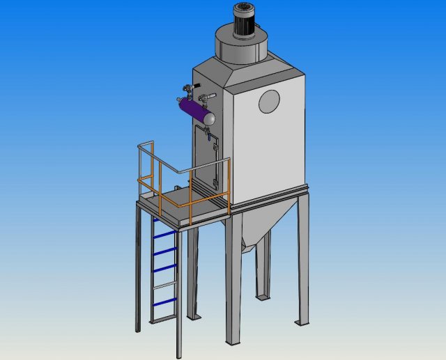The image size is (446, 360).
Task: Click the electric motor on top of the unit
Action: [x=245, y=18]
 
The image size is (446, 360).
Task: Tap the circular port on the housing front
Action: [x=269, y=102]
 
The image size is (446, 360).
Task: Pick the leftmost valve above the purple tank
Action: [x=186, y=88]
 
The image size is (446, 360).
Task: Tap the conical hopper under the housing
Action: [x=258, y=223]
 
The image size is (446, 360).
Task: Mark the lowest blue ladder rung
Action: [x=163, y=301]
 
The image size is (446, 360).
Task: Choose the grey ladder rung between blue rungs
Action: [x=163, y=285]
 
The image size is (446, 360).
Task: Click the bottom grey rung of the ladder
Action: [x=163, y=318]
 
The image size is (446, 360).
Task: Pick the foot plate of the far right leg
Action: [x=302, y=322]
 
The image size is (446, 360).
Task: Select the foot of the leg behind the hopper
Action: [x=263, y=297]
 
